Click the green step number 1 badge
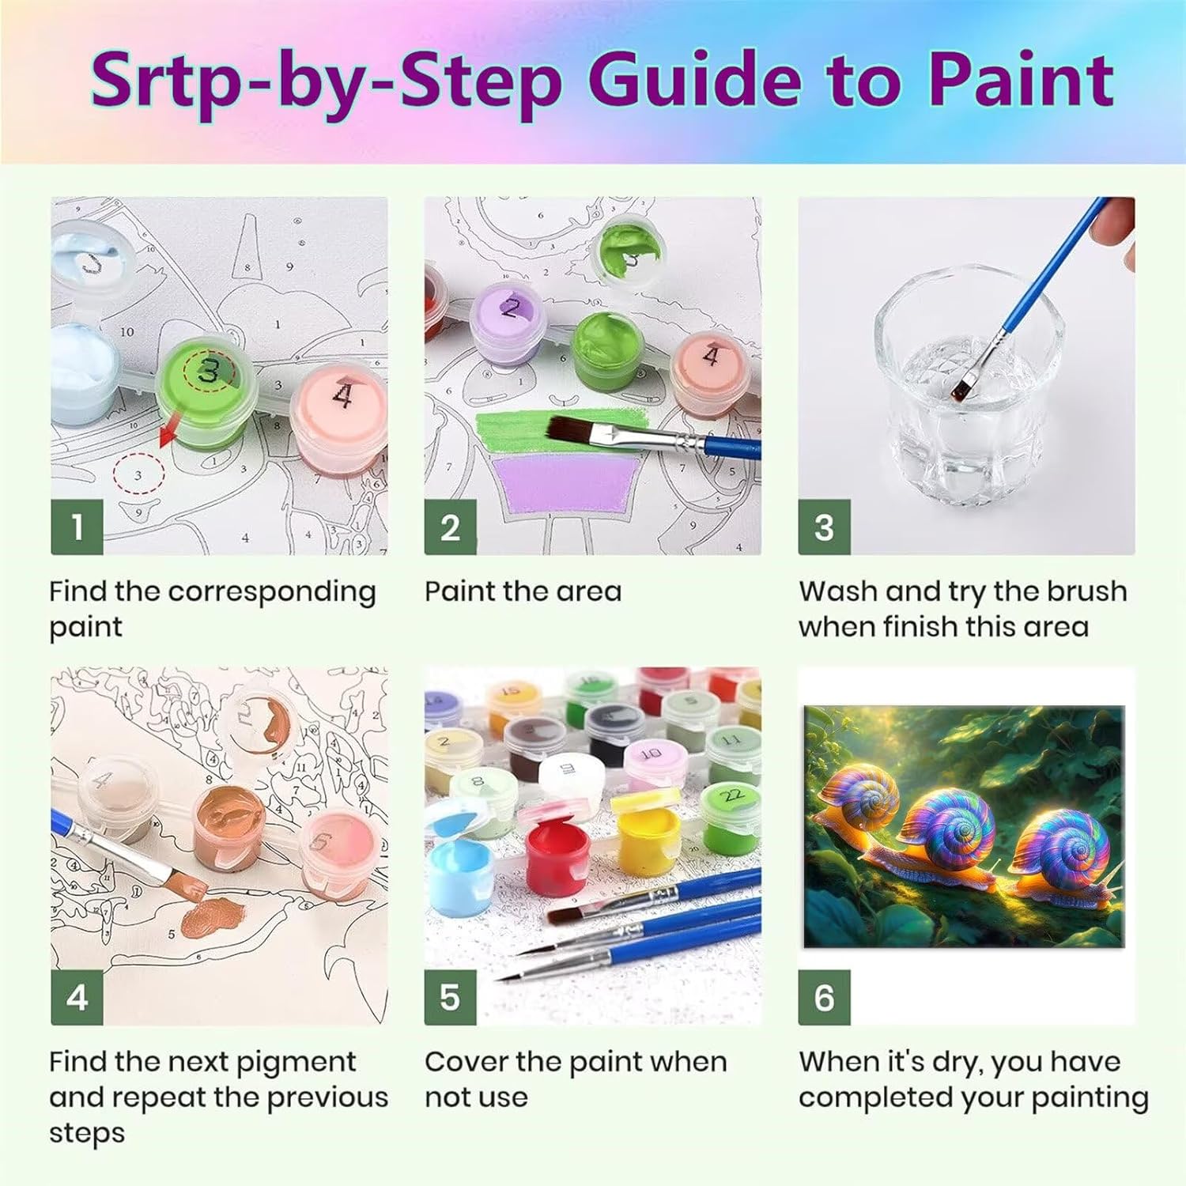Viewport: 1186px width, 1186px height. coord(77,527)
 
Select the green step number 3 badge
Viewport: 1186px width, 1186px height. coord(824,527)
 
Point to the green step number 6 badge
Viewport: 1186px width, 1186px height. coord(824,998)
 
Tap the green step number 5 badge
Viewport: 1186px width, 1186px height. coord(450,998)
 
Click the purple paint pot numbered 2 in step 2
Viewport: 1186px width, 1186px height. coord(510,326)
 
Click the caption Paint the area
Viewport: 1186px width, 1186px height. coord(523,591)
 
